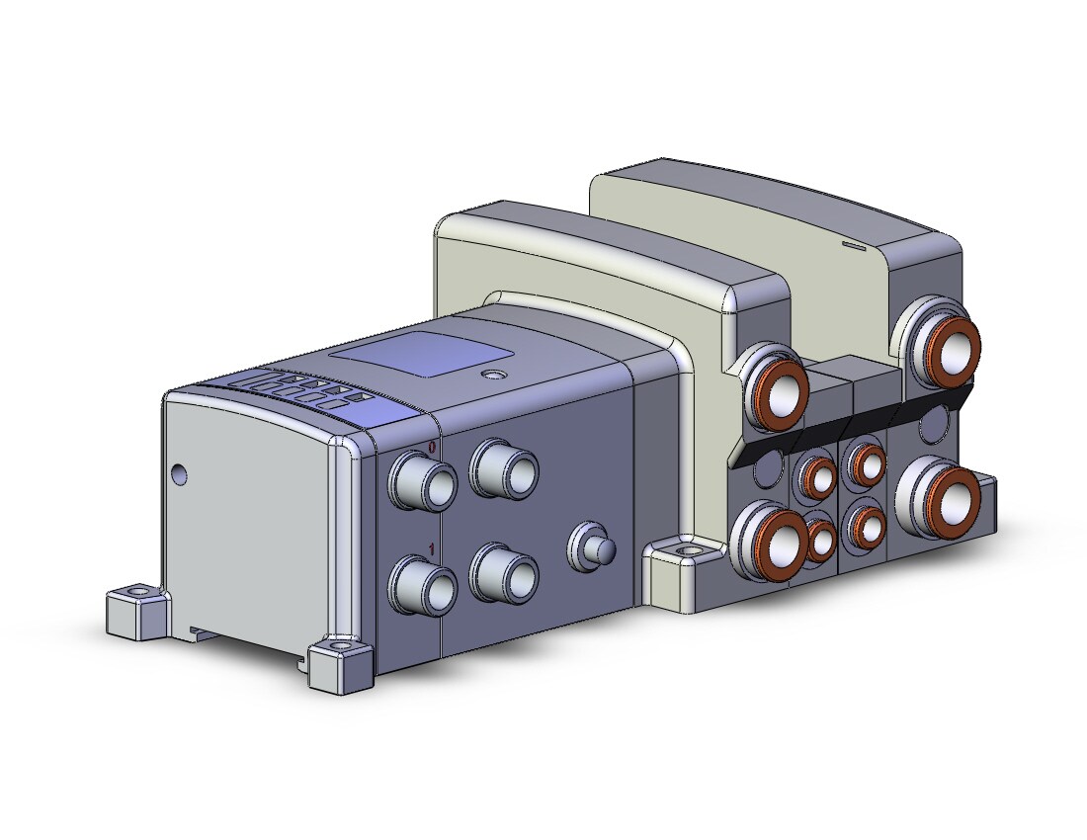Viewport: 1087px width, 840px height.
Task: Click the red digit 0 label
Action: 432,447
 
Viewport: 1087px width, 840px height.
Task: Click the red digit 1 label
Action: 432,549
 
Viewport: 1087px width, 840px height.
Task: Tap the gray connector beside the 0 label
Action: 422,481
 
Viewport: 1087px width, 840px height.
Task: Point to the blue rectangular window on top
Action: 419,354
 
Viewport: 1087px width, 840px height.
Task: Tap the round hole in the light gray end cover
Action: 180,474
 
